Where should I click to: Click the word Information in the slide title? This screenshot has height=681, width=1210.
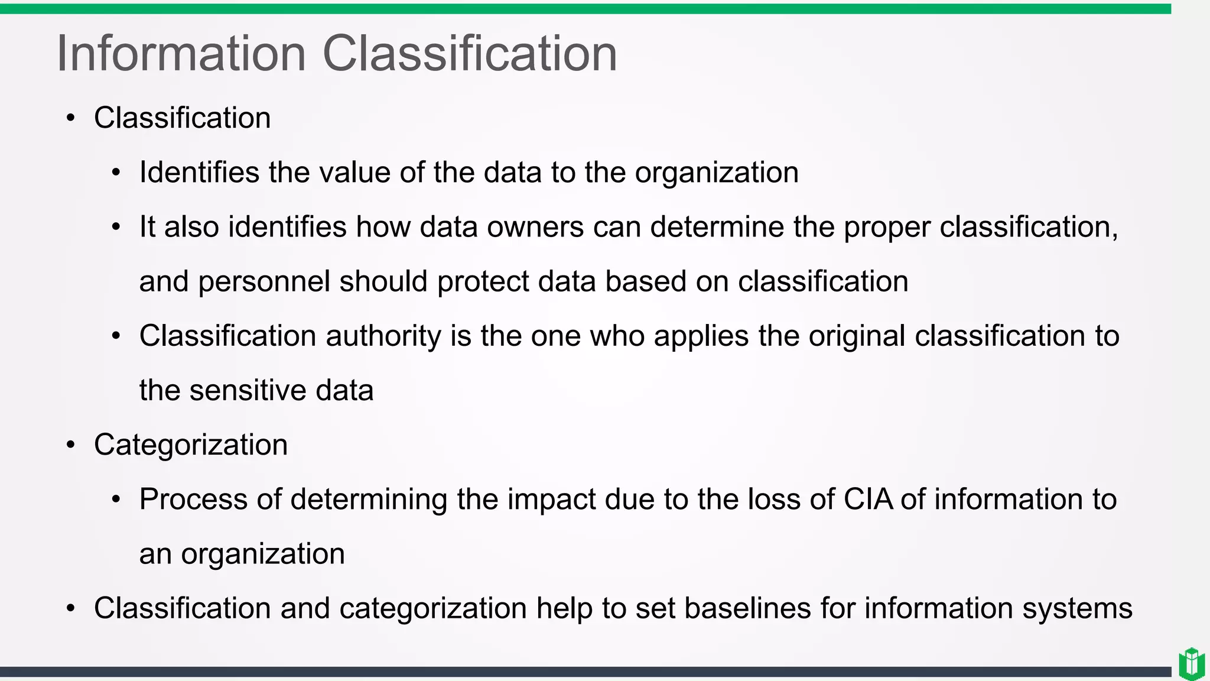click(x=181, y=54)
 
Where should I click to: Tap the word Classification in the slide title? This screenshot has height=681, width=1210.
click(x=470, y=54)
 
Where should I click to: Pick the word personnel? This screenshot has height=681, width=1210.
click(x=264, y=281)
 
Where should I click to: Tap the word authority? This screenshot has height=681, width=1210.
click(x=383, y=336)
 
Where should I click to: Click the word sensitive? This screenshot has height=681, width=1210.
click(x=248, y=391)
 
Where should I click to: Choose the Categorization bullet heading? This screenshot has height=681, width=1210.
click(x=191, y=445)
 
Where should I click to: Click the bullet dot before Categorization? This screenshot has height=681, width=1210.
click(x=71, y=445)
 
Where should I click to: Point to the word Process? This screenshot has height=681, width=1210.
click(x=193, y=500)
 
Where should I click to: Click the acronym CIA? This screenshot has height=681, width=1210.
click(x=869, y=500)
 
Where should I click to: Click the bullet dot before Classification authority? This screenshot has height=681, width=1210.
click(x=116, y=336)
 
